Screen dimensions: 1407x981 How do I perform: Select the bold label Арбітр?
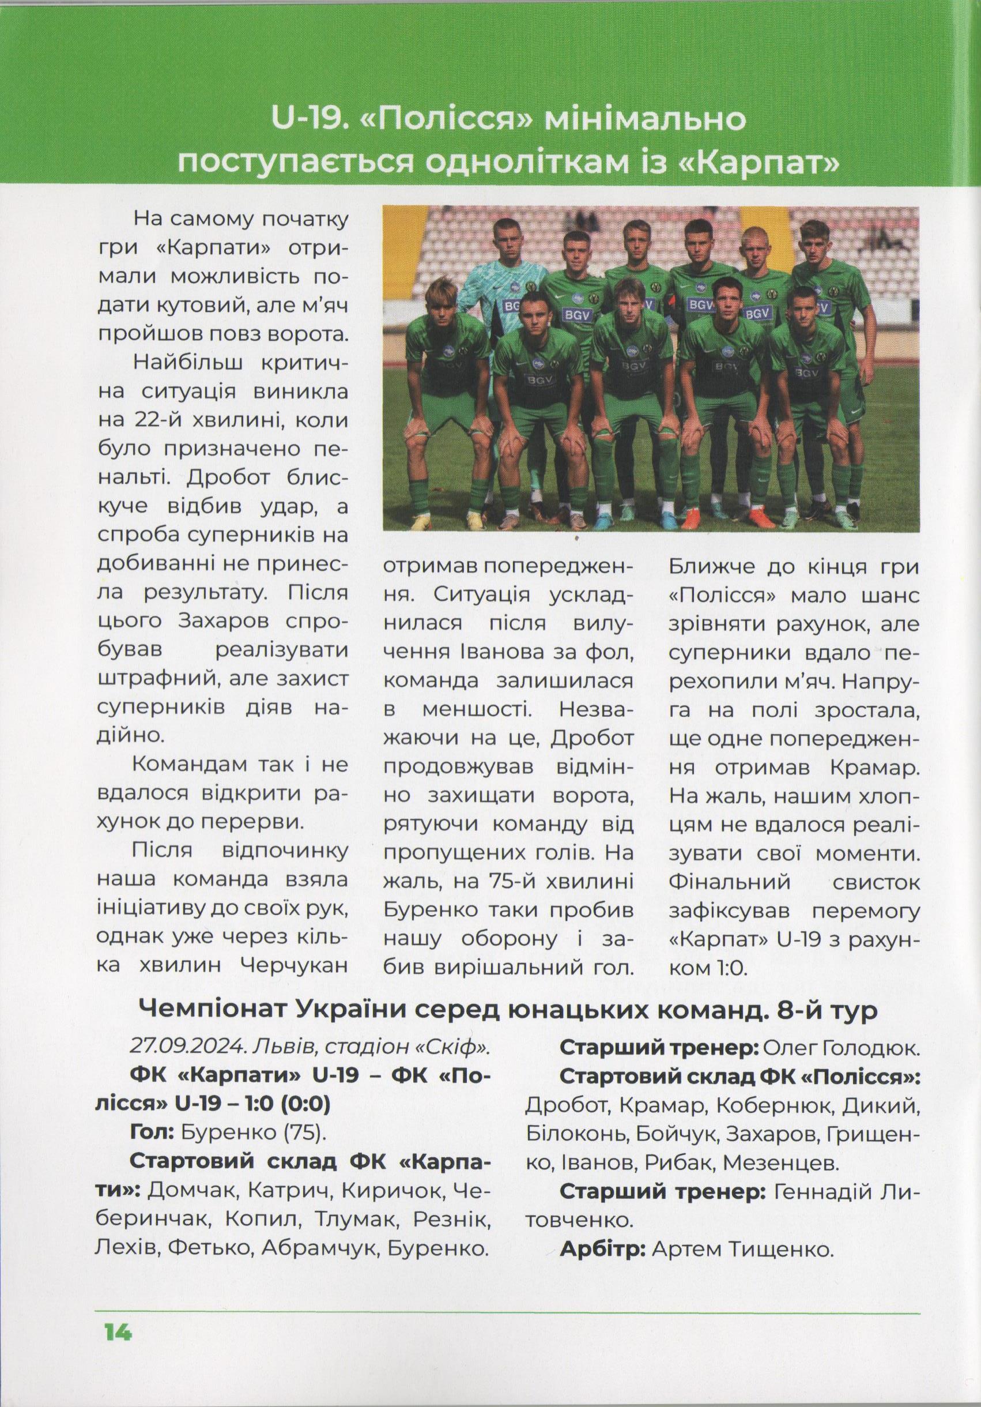(x=603, y=1248)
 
